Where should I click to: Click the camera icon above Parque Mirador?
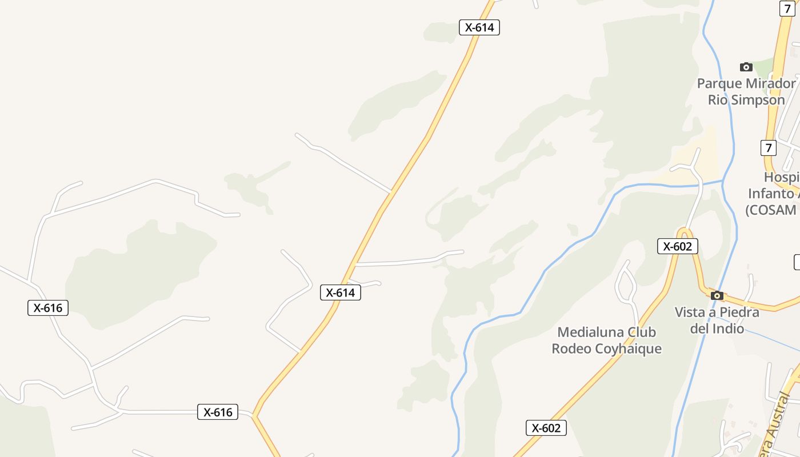746,67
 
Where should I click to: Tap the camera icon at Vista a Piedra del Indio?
717,295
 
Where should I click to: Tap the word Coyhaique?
629,348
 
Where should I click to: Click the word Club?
642,332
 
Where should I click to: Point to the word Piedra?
740,312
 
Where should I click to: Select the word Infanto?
771,193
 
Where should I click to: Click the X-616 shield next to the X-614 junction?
218,412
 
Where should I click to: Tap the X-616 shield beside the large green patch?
48,308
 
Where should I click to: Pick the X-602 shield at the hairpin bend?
677,246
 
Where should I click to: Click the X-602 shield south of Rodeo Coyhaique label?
546,428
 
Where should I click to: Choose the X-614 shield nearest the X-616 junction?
340,292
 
